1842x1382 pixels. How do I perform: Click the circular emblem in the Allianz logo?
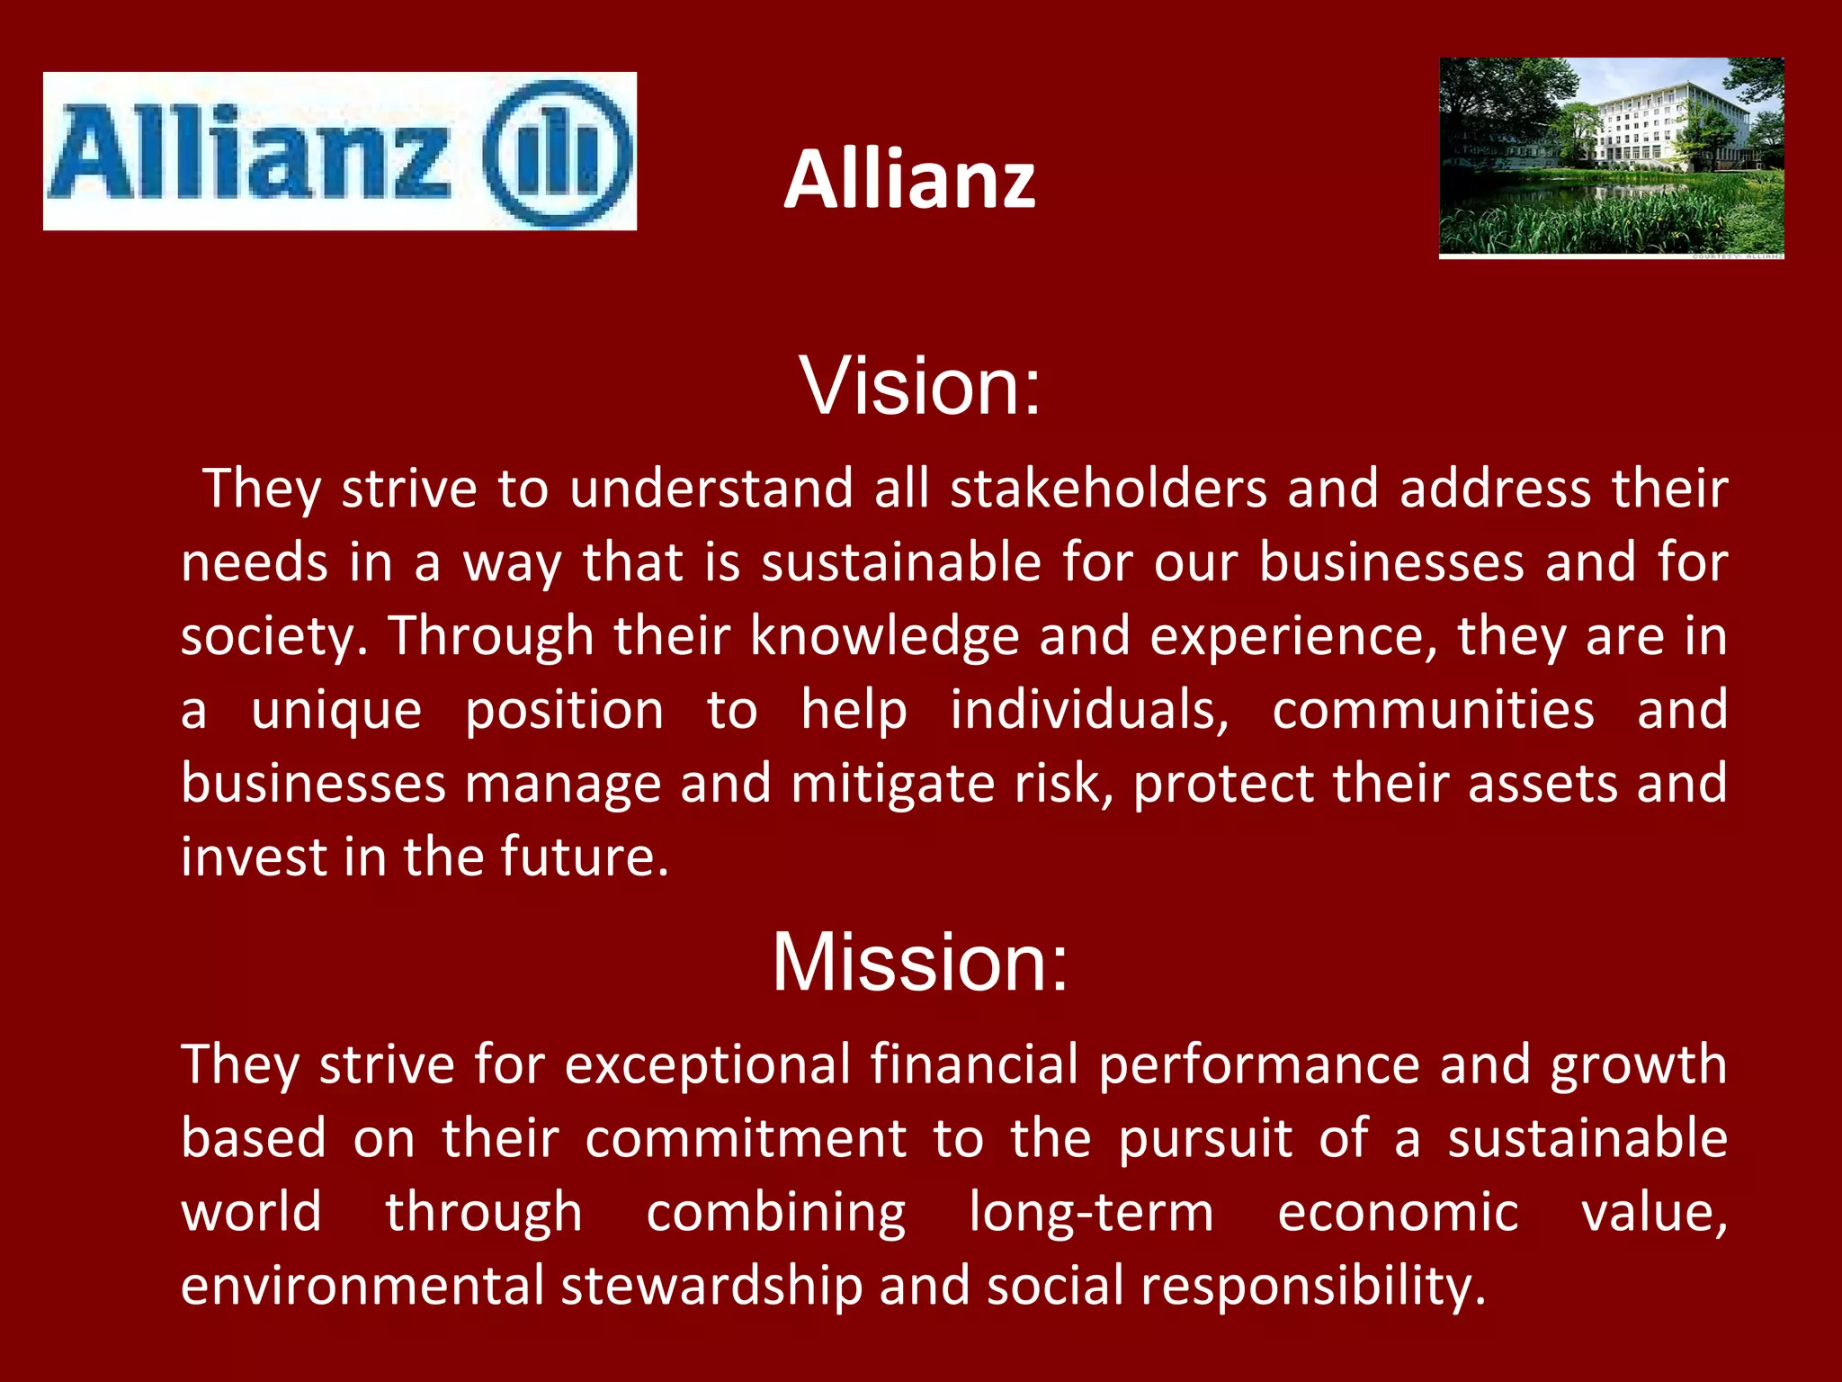[558, 151]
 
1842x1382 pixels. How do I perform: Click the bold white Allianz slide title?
[909, 180]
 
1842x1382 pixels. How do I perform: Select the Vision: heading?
[920, 386]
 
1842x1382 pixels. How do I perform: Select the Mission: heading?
[920, 962]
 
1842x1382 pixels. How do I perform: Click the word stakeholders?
[1108, 489]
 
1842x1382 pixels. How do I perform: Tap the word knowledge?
[884, 637]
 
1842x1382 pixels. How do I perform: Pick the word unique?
[336, 711]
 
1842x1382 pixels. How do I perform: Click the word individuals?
[1089, 711]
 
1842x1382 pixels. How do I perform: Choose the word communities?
[1434, 711]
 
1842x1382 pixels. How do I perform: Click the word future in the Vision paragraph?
[584, 857]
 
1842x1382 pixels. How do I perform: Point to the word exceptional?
[707, 1065]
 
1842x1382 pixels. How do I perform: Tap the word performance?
[1258, 1065]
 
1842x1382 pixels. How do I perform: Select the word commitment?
[746, 1139]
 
